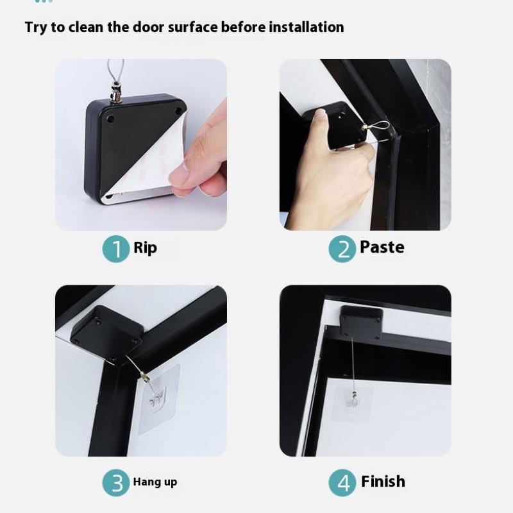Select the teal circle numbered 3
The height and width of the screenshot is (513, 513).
116,483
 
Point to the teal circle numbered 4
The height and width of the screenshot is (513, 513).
342,483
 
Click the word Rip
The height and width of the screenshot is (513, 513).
146,248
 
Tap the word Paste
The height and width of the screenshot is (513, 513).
382,248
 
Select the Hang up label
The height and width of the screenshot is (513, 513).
155,482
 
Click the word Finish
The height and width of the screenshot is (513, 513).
383,481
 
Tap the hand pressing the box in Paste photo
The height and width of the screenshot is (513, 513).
327,180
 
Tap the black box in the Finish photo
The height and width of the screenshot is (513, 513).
361,321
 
